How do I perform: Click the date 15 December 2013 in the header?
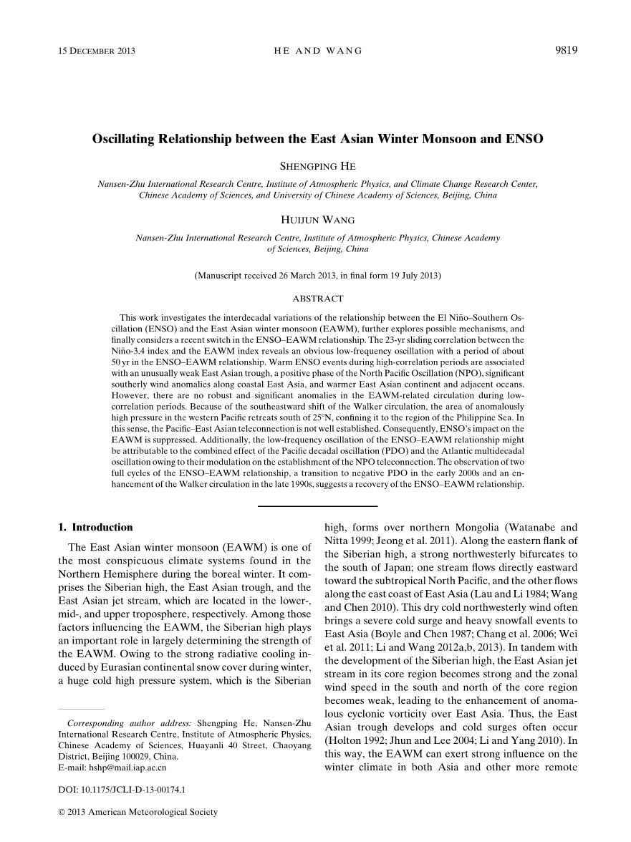pos(96,51)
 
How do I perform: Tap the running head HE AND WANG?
pos(318,51)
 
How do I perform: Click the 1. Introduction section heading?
pos(95,527)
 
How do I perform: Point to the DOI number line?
pos(121,790)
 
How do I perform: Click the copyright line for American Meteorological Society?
pos(137,812)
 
